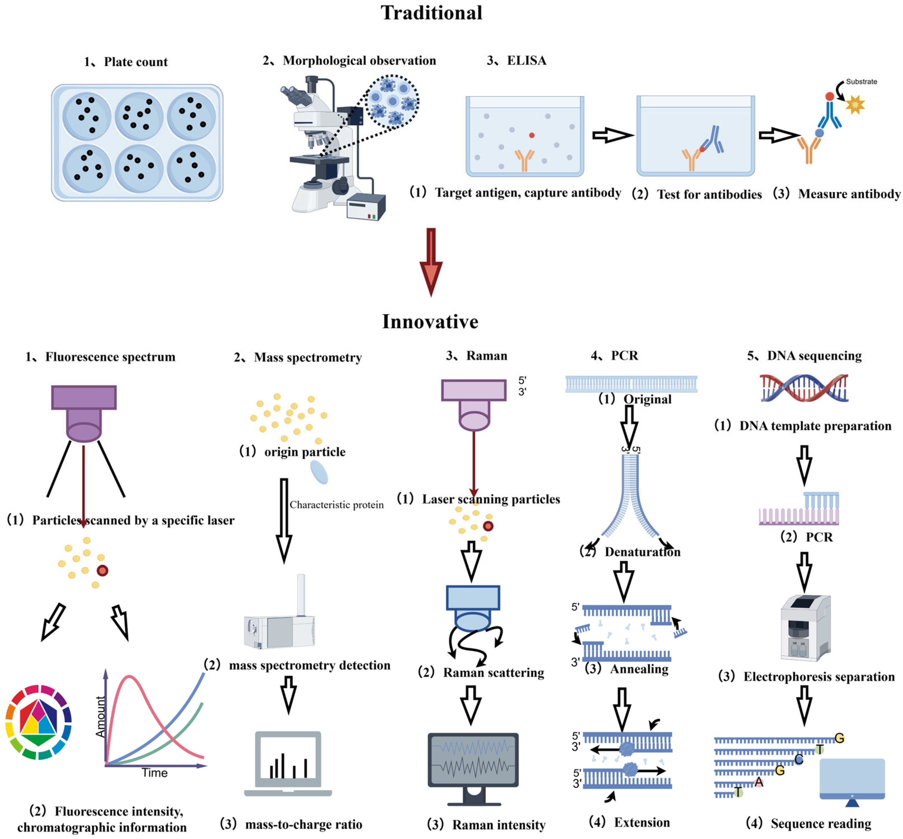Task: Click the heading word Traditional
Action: [x=432, y=13]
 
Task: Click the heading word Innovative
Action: [x=430, y=321]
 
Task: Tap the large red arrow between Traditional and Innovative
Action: [x=431, y=262]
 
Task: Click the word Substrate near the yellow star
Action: [x=861, y=82]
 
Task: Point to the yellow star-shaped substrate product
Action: [x=855, y=105]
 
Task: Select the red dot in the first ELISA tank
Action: [x=531, y=135]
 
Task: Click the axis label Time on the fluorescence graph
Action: [x=154, y=773]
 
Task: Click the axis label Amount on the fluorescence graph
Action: [x=100, y=717]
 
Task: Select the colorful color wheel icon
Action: [x=39, y=722]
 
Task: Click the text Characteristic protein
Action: [x=336, y=505]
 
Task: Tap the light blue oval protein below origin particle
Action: [x=319, y=472]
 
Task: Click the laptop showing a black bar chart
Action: [x=288, y=764]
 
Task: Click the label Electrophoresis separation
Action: [x=819, y=677]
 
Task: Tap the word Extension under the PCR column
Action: [x=642, y=822]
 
